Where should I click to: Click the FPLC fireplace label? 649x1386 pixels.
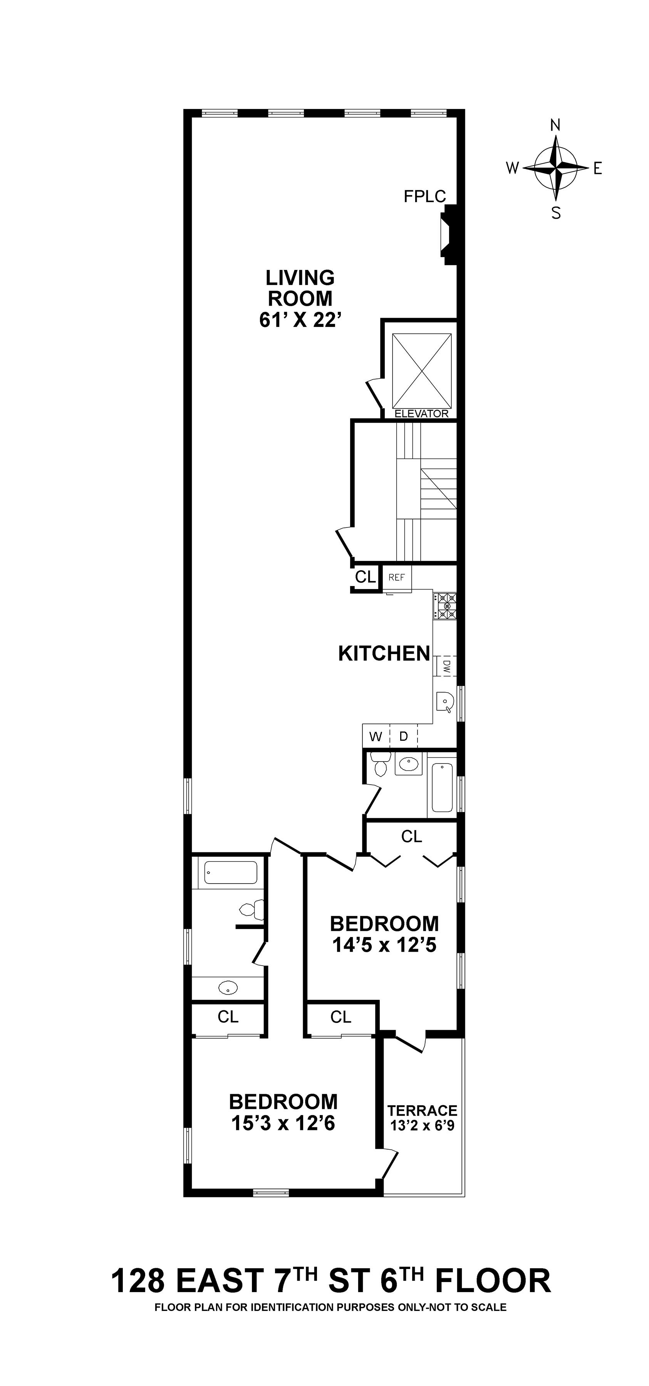coord(424,196)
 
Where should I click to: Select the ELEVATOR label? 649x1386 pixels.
coord(421,414)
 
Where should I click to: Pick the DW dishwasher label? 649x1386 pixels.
coord(447,667)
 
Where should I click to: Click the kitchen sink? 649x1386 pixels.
coord(445,701)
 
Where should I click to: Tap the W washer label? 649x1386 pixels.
coord(376,737)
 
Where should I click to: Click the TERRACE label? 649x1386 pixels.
coord(423,1110)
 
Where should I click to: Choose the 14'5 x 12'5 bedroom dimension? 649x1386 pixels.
coord(384,945)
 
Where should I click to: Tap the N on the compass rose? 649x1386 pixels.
coord(555,126)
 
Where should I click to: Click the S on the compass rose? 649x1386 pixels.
coord(556,214)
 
